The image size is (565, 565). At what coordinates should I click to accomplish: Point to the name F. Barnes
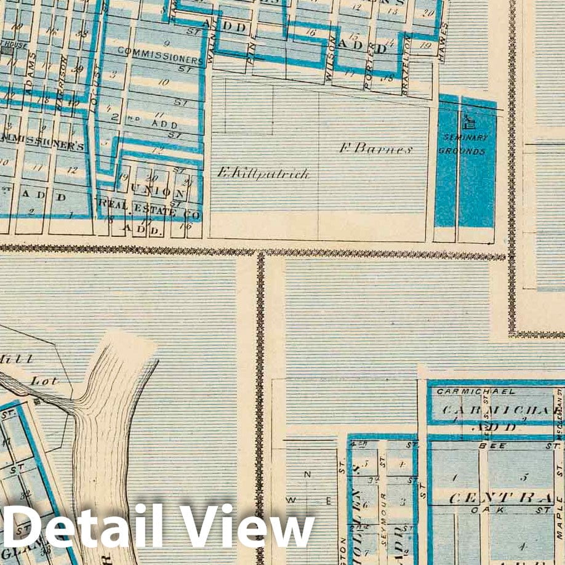375,148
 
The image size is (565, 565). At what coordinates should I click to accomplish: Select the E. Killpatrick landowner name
263,174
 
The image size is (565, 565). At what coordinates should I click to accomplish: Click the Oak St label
490,510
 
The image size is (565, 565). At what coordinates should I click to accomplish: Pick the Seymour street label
383,508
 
